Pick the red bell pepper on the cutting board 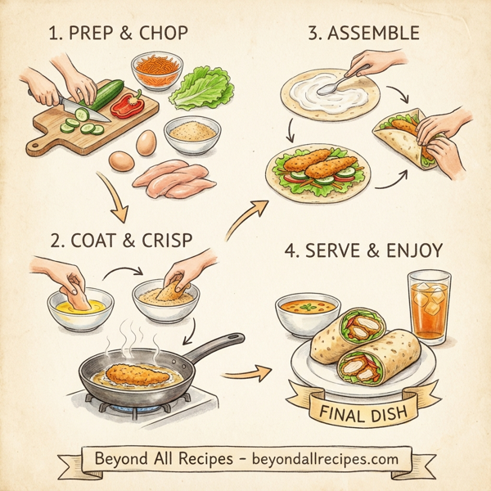coord(127,105)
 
